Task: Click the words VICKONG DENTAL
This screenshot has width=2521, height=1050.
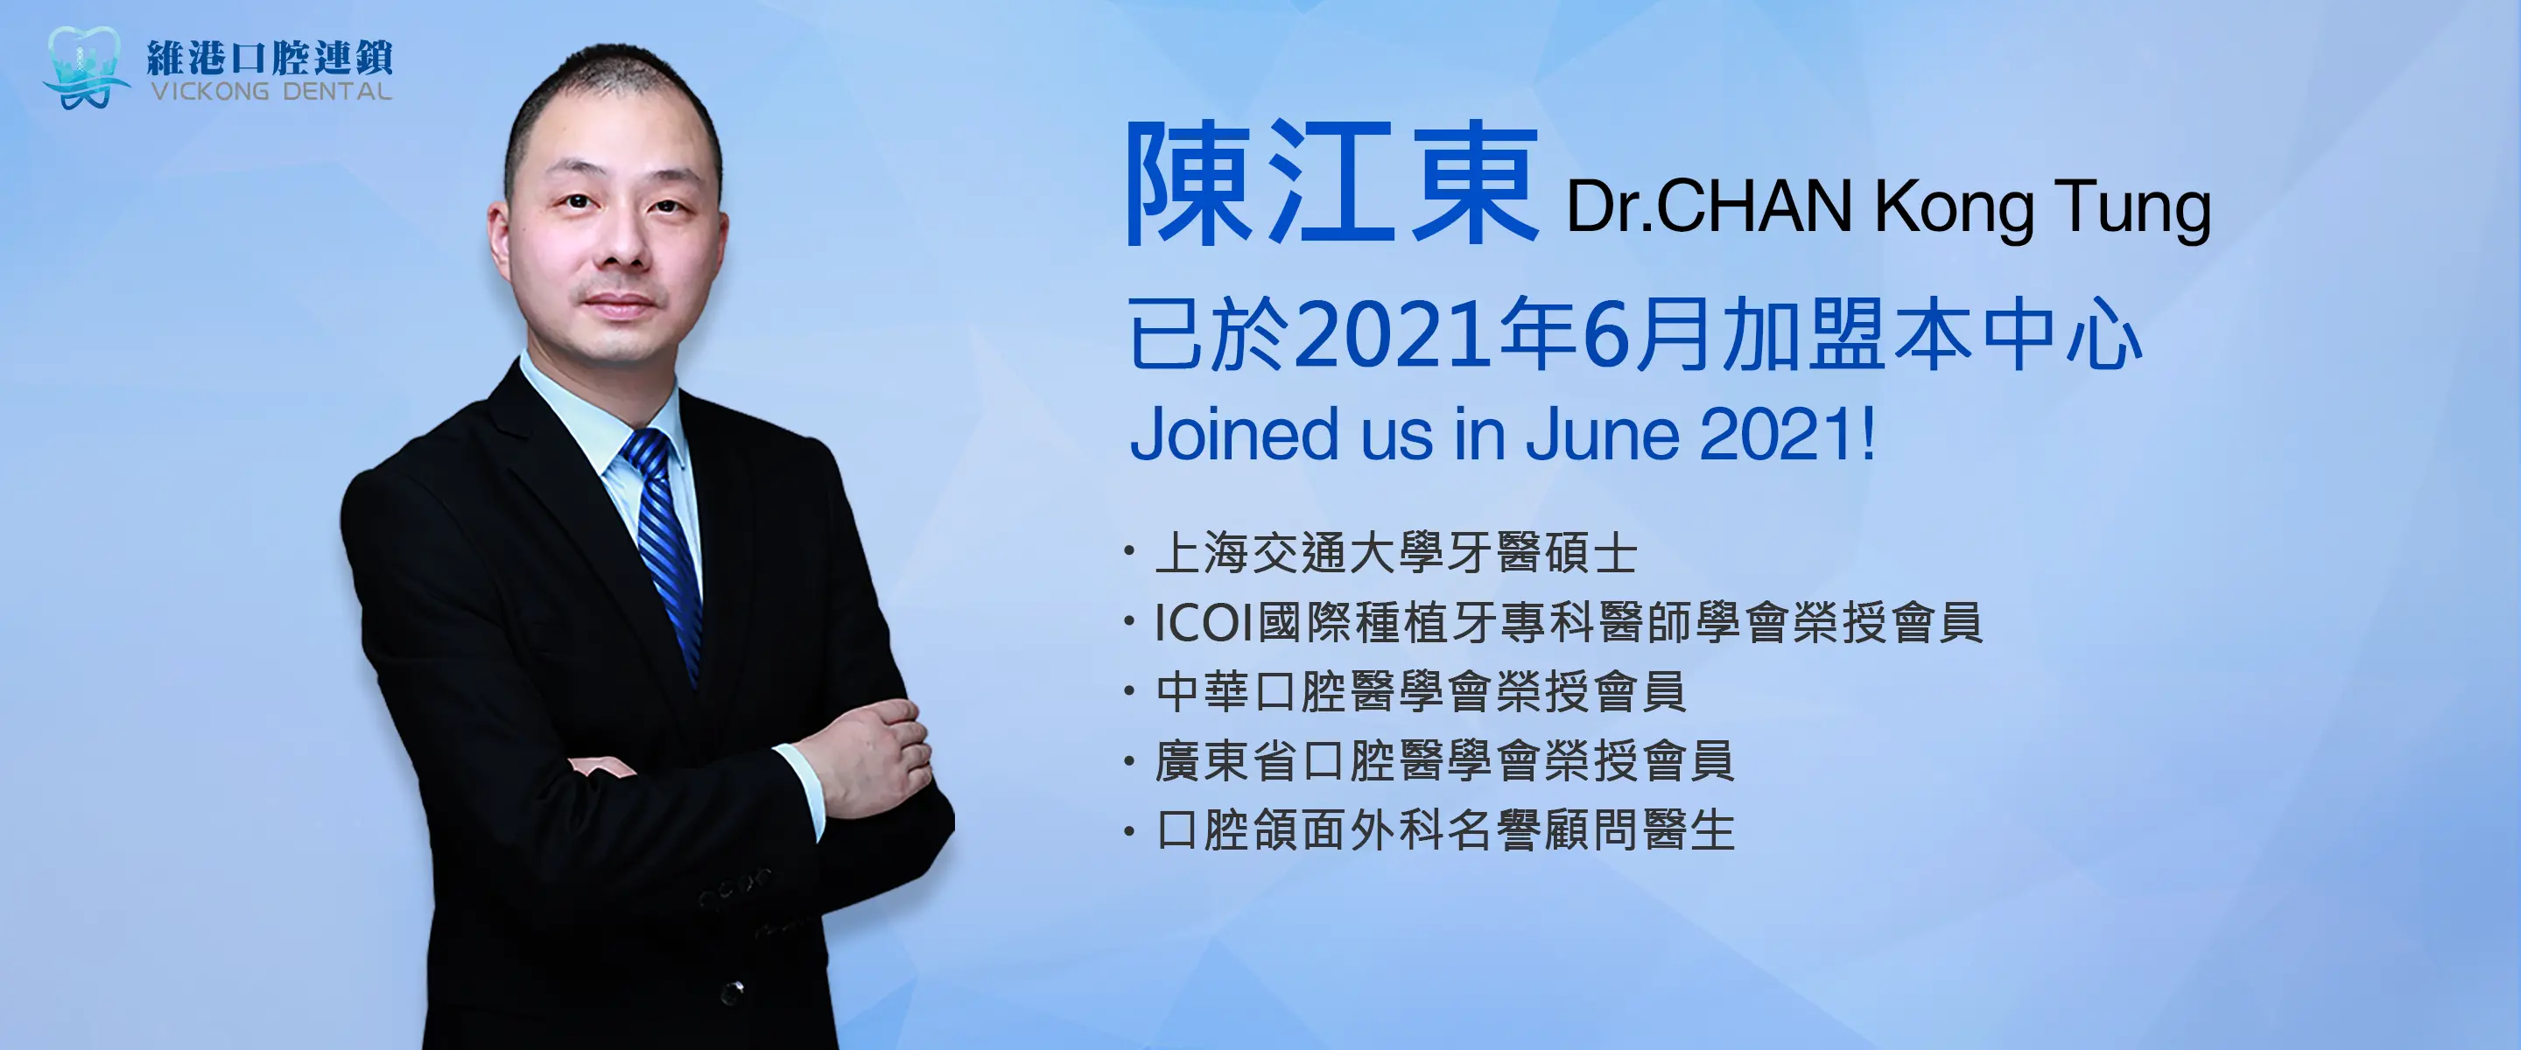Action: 271,92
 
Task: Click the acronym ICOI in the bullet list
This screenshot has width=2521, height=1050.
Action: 1204,623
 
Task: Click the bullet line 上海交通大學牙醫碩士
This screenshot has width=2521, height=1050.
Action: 1395,554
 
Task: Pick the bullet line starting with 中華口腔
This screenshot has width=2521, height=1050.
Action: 1420,692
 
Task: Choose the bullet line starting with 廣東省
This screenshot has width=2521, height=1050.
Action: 1444,761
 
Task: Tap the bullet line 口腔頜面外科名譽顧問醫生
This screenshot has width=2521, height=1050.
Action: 1444,830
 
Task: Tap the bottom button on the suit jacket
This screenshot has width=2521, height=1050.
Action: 732,992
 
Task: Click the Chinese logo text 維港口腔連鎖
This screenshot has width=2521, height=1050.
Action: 270,58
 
